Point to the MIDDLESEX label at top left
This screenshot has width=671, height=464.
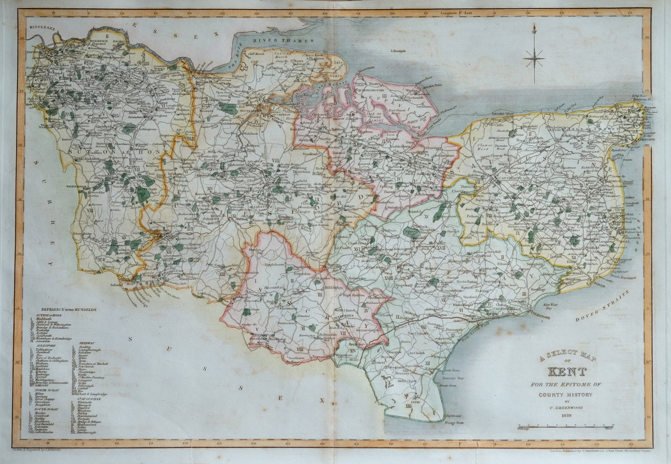42,26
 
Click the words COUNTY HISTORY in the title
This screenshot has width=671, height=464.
566,395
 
